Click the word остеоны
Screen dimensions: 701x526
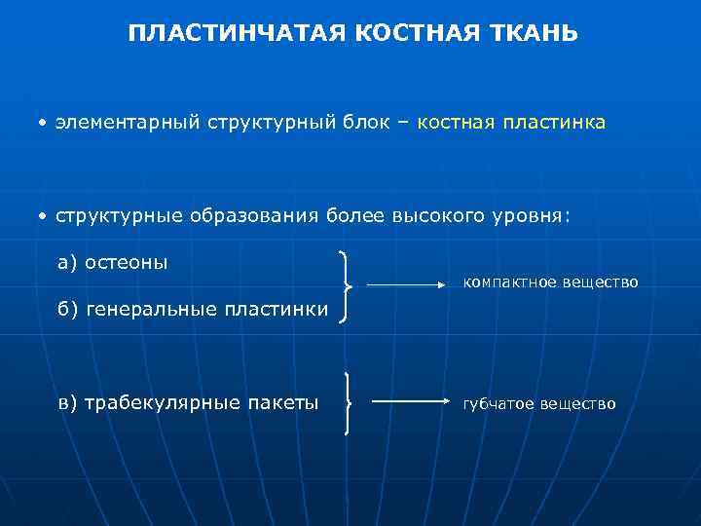[x=126, y=262]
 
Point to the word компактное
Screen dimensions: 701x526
[x=507, y=282]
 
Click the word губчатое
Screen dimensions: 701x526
[x=498, y=403]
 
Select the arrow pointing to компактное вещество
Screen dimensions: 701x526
[x=405, y=285]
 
